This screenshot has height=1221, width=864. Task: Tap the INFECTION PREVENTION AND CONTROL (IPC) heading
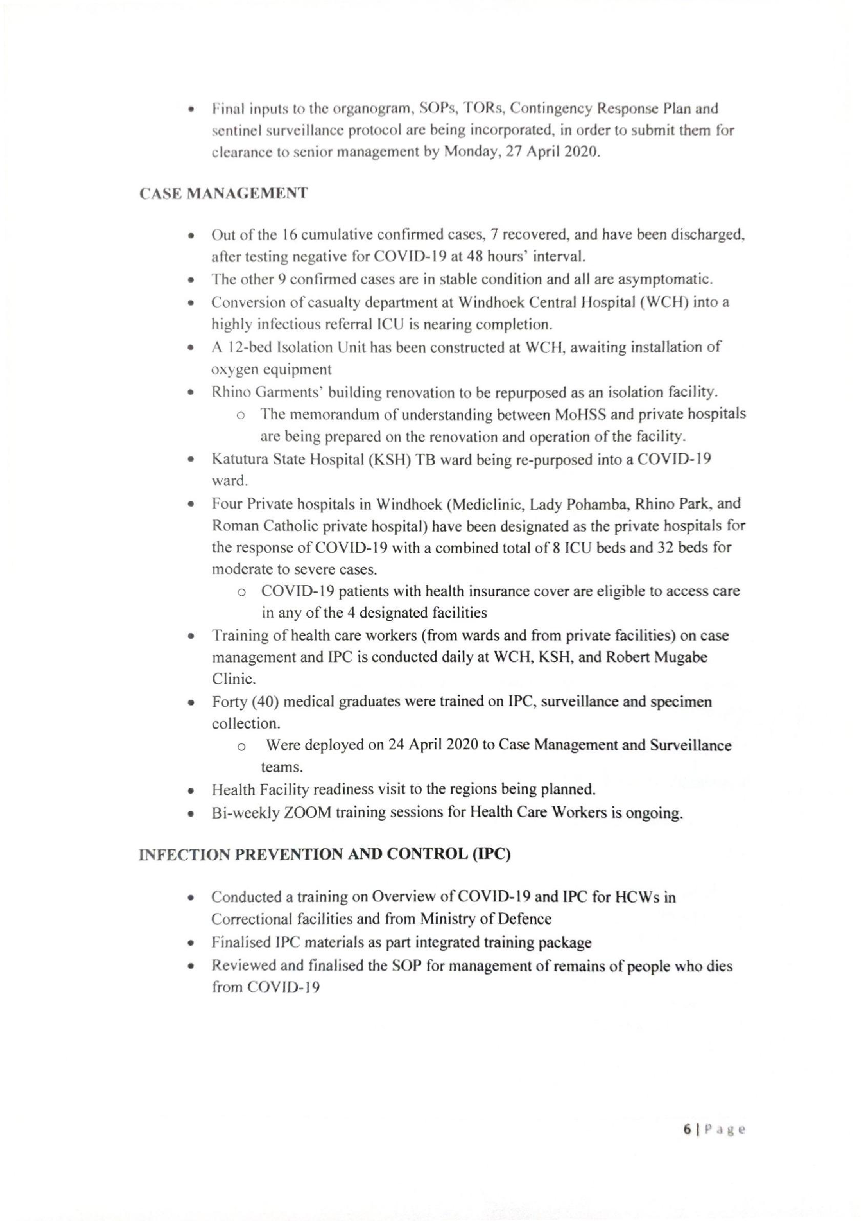pos(324,855)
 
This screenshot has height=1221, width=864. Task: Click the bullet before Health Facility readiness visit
pos(190,790)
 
